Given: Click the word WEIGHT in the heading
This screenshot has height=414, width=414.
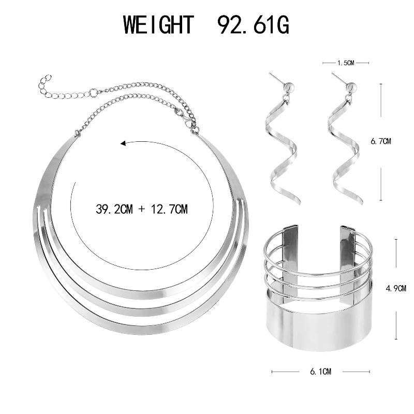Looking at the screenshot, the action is coord(159,24).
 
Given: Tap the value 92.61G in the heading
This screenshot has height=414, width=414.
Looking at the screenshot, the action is coord(253,24).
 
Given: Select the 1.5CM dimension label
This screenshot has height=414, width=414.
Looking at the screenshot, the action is coord(346,63).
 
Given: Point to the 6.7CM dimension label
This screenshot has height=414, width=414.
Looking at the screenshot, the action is coord(381,141).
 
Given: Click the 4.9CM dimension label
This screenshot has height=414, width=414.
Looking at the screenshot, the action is coord(396,288).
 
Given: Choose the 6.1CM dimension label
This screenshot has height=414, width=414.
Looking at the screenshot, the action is coord(320,372).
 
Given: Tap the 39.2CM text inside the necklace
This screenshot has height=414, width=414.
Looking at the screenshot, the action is coord(114,209).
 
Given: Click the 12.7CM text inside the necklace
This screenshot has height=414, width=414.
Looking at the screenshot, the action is coord(169,209).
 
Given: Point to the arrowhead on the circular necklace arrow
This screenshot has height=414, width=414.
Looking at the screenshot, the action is coord(123,143).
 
